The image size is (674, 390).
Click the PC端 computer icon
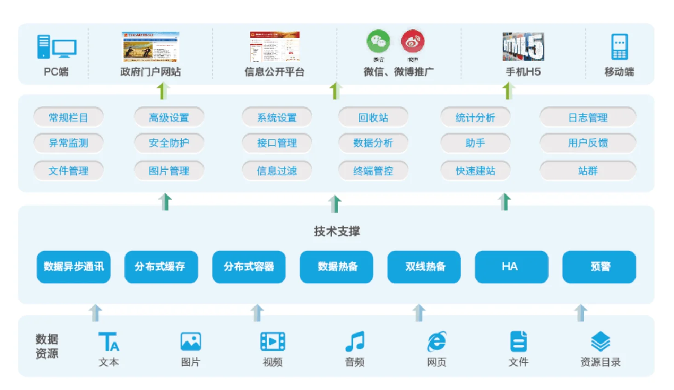[x=56, y=47]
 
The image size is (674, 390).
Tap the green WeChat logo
[x=378, y=41]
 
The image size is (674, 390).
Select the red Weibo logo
[x=413, y=41]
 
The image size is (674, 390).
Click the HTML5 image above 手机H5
[x=523, y=46]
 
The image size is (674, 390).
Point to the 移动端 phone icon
[x=619, y=46]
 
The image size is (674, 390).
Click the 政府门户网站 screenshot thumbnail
[x=150, y=46]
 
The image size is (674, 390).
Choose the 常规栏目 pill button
[x=69, y=118]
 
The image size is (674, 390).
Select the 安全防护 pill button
[x=169, y=143]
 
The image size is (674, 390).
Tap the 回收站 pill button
[x=373, y=118]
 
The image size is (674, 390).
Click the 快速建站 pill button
[x=475, y=171]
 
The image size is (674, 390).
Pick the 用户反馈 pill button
[x=588, y=143]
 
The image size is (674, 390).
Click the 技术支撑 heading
[x=337, y=231]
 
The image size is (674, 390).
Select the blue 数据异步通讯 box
[x=74, y=267]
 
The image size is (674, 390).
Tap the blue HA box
[x=511, y=267]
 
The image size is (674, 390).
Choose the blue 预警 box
[x=599, y=267]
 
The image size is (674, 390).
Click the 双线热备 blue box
[x=424, y=267]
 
